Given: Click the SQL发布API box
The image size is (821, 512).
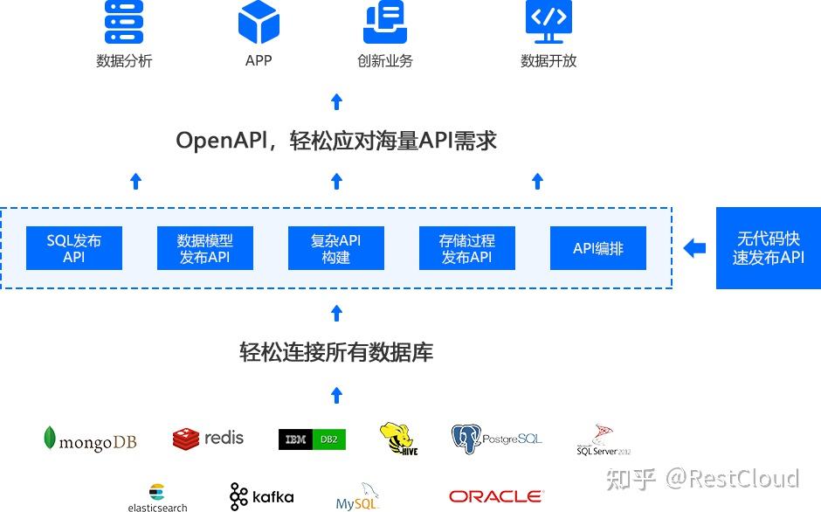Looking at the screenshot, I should pyautogui.click(x=73, y=249).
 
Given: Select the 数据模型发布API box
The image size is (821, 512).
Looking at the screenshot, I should pyautogui.click(x=204, y=249).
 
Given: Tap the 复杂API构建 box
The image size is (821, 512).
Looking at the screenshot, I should pyautogui.click(x=335, y=249).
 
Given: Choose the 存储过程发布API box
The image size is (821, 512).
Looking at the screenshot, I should pyautogui.click(x=466, y=249).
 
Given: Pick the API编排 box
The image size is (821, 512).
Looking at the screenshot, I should pyautogui.click(x=597, y=249).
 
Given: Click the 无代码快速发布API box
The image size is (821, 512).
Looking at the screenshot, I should pyautogui.click(x=768, y=248).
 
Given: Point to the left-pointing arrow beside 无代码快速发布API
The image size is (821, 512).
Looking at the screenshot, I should pyautogui.click(x=694, y=249).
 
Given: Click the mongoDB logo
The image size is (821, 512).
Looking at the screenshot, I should pyautogui.click(x=90, y=439).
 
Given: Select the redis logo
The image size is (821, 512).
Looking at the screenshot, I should pyautogui.click(x=208, y=439).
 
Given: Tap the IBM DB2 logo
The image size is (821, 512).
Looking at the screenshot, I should pyautogui.click(x=312, y=439).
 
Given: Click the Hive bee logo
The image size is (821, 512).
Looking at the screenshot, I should pyautogui.click(x=398, y=439).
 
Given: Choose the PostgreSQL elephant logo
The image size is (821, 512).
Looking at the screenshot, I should pyautogui.click(x=496, y=439).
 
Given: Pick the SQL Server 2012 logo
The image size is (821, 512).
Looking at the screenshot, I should pyautogui.click(x=603, y=440).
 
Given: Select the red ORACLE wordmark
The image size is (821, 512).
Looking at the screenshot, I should pyautogui.click(x=495, y=496).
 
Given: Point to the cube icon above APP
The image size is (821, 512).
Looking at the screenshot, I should pyautogui.click(x=259, y=23).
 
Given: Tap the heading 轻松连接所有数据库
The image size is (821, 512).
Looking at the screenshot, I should pyautogui.click(x=336, y=352).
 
